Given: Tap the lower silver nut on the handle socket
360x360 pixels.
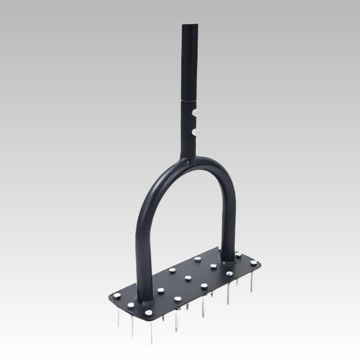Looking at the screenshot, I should click(x=195, y=132).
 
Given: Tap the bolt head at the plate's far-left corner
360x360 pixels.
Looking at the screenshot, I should click(x=117, y=295).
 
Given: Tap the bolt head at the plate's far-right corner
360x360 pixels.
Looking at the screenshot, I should click(x=254, y=262).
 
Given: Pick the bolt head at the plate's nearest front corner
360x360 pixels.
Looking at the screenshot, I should click(x=147, y=312).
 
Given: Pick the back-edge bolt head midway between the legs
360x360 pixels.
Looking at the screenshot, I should click(x=197, y=259).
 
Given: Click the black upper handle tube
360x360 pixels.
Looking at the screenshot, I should click(x=191, y=58).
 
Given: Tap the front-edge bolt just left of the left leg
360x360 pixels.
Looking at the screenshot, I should click(x=130, y=305).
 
